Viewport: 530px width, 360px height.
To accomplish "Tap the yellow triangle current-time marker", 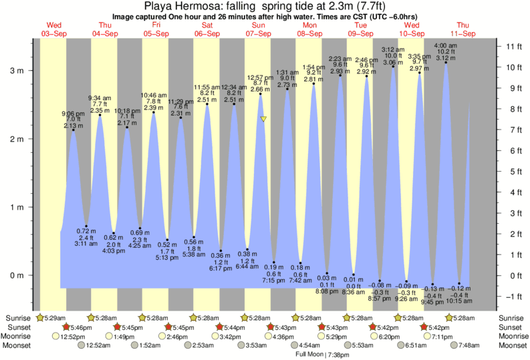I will click(x=264, y=120).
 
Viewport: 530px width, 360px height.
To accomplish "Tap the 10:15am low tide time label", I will click(x=459, y=301).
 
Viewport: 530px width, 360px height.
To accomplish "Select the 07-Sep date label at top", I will click(x=258, y=33).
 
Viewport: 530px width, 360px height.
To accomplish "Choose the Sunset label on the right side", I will click(x=511, y=327).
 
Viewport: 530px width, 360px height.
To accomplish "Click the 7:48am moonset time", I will click(x=468, y=346).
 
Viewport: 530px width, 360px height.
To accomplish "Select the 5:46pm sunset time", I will click(x=80, y=327).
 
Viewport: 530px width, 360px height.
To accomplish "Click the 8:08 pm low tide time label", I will click(x=326, y=291).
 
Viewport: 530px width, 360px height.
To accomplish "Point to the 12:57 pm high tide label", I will click(x=261, y=77).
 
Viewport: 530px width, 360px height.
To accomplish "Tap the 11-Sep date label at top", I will click(x=463, y=33).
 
